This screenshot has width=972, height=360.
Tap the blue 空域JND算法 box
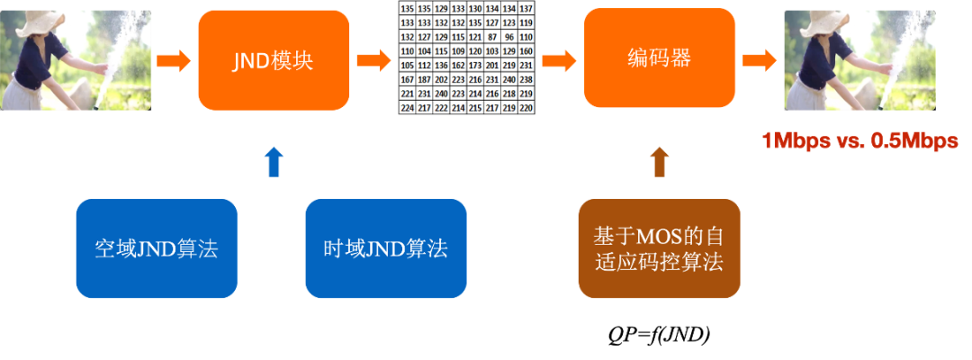click(156, 248)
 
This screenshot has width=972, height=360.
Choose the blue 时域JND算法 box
click(385, 248)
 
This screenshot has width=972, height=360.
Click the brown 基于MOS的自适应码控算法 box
click(659, 248)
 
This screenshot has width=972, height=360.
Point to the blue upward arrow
click(274, 161)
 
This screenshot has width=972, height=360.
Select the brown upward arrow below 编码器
click(659, 161)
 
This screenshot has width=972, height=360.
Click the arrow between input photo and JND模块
click(174, 61)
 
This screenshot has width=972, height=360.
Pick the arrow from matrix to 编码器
click(559, 61)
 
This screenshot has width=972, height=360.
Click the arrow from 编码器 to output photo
click(759, 61)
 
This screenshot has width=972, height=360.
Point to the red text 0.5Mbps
click(913, 141)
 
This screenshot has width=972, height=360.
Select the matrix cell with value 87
click(492, 36)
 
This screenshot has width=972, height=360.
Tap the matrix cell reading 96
click(509, 36)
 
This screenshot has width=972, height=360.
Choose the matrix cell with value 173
click(475, 65)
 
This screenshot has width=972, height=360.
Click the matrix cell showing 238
click(526, 79)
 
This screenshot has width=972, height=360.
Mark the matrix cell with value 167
click(408, 79)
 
